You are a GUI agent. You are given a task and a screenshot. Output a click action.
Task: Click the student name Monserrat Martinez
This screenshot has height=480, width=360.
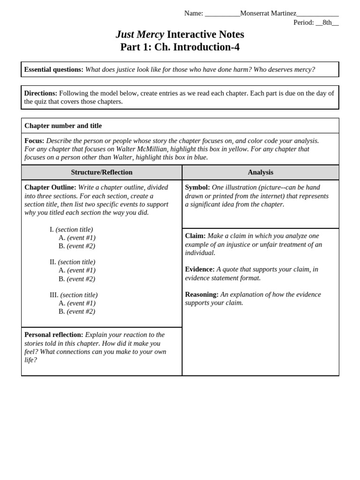tap(268, 13)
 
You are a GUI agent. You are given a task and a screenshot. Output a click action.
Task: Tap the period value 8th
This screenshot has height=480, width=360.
tap(327, 22)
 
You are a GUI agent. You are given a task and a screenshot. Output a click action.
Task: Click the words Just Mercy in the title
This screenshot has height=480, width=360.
tap(140, 34)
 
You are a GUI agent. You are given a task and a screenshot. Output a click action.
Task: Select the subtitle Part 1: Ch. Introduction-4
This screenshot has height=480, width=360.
tap(180, 47)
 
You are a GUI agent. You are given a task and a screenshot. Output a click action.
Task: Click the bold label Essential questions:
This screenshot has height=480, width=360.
tap(53, 69)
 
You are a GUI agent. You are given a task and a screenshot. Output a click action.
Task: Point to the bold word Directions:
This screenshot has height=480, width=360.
tap(41, 93)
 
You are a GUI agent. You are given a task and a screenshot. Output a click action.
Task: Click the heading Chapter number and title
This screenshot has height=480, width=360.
tap(63, 126)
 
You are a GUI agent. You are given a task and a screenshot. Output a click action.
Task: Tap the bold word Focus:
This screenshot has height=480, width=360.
tap(34, 141)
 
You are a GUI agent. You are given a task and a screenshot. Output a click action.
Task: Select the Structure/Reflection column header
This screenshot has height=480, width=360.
tap(102, 172)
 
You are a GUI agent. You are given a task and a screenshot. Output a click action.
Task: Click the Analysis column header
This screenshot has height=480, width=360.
tap(260, 172)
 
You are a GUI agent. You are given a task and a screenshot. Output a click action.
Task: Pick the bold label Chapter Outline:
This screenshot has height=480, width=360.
tap(50, 187)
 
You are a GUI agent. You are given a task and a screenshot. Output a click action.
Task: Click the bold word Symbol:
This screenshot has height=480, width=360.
tap(197, 187)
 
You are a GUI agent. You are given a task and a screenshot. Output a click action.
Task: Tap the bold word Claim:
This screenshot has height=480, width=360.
tap(195, 236)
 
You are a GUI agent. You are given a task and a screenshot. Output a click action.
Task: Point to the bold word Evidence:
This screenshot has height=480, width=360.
tap(200, 269)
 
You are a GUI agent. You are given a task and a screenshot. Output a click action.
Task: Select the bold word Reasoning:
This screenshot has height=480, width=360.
tap(202, 294)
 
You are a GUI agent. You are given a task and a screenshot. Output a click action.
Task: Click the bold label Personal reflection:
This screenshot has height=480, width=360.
tap(53, 335)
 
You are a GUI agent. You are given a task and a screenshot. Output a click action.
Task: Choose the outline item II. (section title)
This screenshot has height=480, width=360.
tap(72, 262)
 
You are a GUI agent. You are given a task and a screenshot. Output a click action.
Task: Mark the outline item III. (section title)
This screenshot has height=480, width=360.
tap(74, 295)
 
